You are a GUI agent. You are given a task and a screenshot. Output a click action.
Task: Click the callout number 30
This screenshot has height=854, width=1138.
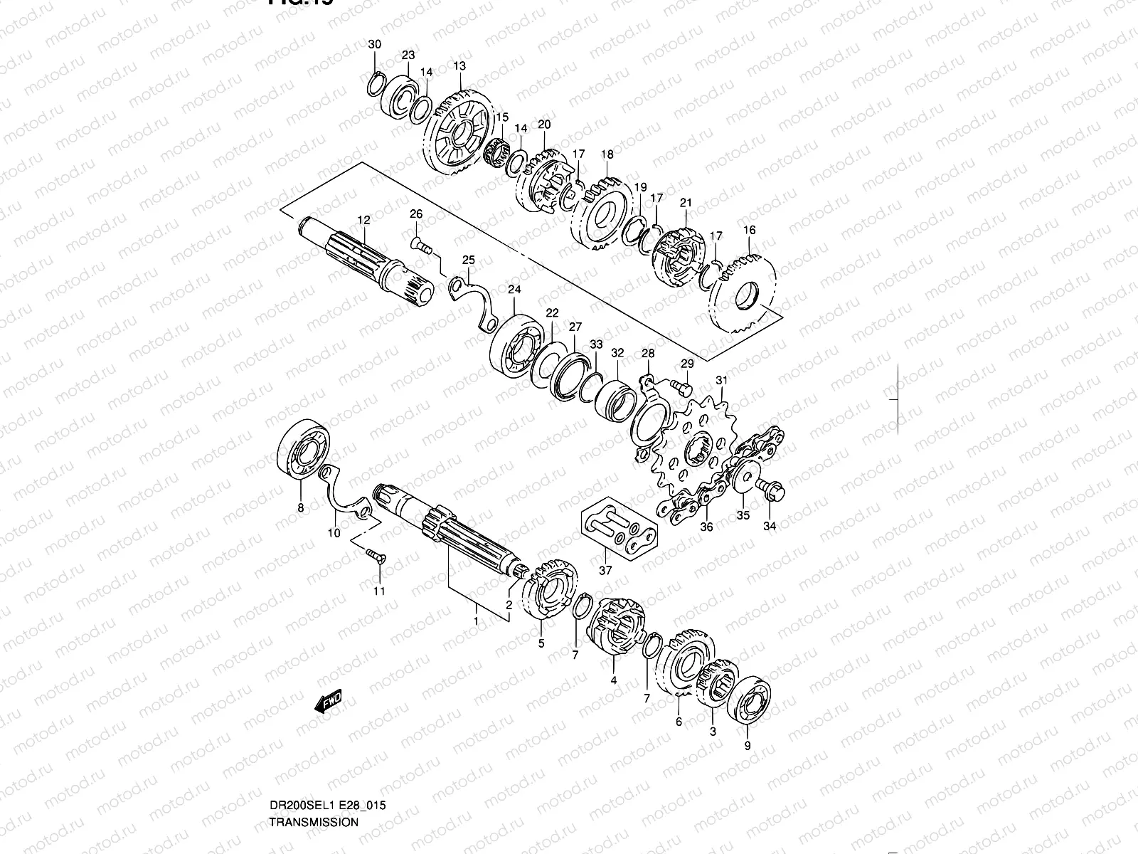375,45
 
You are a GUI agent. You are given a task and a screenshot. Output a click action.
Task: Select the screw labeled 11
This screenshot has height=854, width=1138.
374,558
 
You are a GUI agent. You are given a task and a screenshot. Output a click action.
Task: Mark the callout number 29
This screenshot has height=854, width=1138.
686,364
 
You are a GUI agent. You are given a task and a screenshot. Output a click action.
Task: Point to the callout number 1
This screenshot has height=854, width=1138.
476,621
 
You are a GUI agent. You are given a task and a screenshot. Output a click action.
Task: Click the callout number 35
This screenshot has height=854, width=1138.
743,516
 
